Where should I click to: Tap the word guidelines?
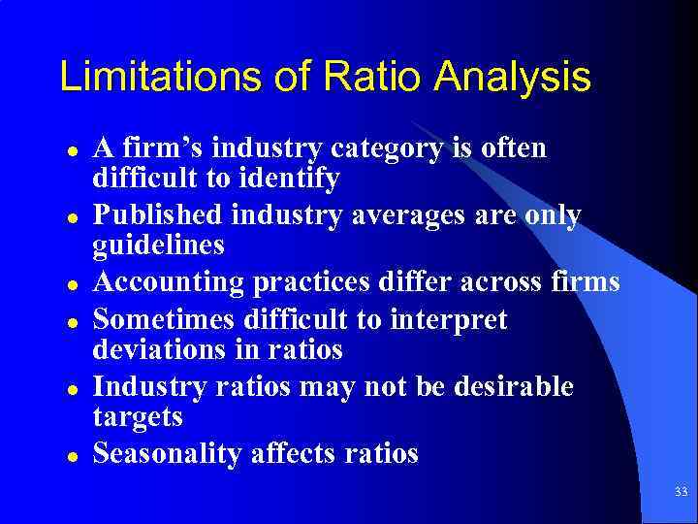[158, 246]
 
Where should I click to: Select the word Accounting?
[167, 282]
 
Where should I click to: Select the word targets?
[137, 416]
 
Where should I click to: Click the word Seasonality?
[166, 453]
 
